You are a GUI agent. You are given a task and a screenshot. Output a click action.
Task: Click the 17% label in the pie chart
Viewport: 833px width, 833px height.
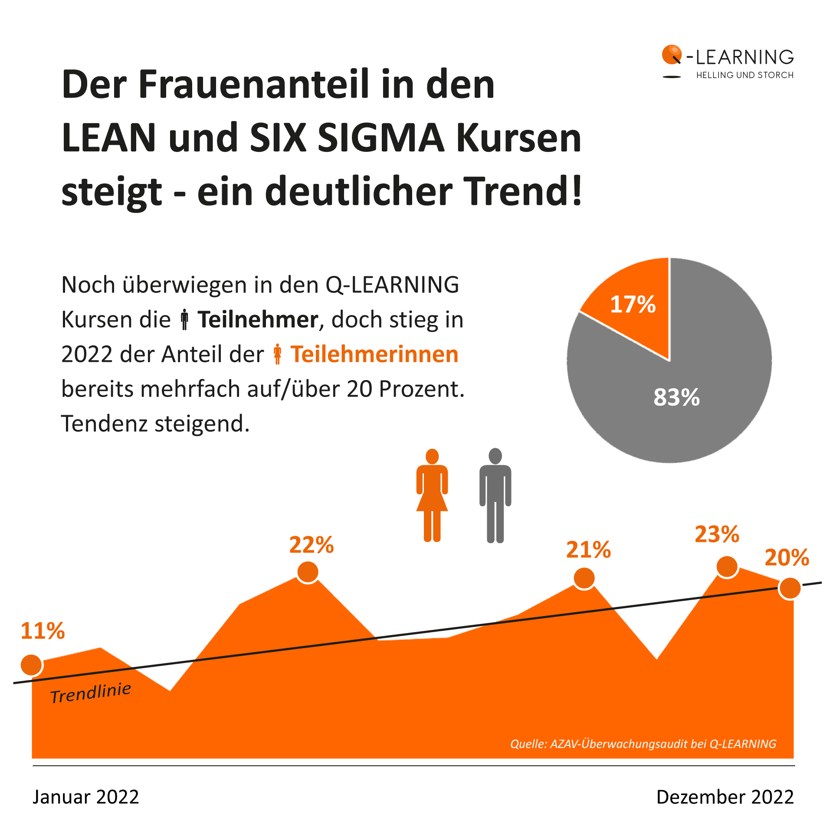[633, 304]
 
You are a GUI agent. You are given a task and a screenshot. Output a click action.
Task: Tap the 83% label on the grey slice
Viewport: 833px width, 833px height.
[676, 397]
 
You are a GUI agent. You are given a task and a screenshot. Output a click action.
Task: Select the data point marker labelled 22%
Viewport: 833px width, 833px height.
[308, 572]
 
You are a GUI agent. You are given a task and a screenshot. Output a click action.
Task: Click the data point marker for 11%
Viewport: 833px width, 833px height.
[31, 665]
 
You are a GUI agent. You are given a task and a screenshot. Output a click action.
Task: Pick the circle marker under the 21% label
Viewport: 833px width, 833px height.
[584, 578]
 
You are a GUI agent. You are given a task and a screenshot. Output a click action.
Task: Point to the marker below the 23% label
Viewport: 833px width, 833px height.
[727, 566]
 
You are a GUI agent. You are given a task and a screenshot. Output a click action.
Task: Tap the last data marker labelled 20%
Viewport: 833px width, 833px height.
[789, 588]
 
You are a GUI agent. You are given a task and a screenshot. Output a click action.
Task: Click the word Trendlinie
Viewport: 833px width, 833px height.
[90, 692]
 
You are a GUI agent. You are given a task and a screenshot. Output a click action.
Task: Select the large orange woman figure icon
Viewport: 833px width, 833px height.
[432, 495]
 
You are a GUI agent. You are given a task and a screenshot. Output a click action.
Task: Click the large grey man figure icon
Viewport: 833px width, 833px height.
[495, 495]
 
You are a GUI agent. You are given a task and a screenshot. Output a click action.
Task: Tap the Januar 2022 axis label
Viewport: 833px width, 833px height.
[86, 797]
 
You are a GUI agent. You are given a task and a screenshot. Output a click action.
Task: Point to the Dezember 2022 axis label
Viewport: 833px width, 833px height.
[725, 797]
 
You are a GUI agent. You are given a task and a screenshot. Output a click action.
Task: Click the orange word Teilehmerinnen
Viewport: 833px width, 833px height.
[374, 354]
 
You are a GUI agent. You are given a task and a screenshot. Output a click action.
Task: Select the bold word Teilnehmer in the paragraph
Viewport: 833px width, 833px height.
[258, 320]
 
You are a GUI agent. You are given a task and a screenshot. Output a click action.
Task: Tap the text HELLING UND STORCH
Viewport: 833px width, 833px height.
[744, 75]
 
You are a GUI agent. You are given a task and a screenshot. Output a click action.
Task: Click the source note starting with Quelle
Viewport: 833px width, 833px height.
[643, 744]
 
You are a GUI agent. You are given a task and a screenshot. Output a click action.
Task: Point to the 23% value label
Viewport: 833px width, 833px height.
[717, 534]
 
